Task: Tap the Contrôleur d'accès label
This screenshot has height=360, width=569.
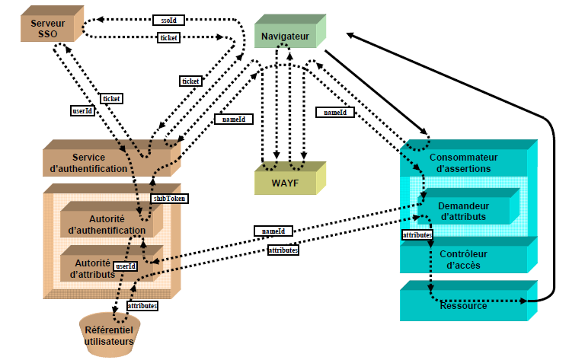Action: [x=467, y=259]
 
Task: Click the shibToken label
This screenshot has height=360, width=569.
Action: [x=168, y=198]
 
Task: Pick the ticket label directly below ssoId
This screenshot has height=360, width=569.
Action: [x=168, y=37]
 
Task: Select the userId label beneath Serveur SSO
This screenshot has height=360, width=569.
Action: [x=82, y=110]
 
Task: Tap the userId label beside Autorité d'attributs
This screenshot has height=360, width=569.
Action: [x=126, y=266]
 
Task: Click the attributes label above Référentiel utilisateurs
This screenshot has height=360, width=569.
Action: [x=142, y=305]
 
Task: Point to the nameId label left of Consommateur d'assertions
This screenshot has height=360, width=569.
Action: [x=335, y=113]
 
